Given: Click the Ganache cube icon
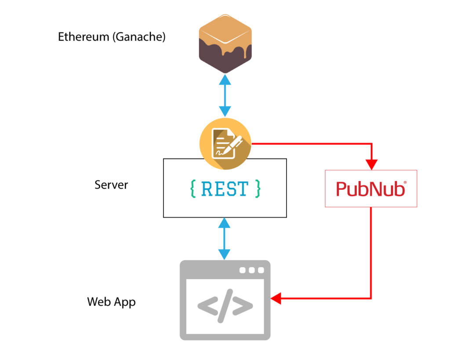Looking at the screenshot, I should point(225,44).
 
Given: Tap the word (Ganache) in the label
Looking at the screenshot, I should point(139,37).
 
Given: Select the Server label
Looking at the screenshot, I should point(111,185).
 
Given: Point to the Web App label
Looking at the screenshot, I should point(111,302).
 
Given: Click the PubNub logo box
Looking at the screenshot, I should point(371,189).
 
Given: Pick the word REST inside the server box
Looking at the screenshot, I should point(225,189).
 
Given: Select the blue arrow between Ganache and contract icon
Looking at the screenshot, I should point(225,96).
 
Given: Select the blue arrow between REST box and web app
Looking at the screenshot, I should point(225,239).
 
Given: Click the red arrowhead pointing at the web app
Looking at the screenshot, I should point(276,299).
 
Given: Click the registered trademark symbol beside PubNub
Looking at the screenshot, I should point(405,182).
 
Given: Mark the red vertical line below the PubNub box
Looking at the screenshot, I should point(371,251).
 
